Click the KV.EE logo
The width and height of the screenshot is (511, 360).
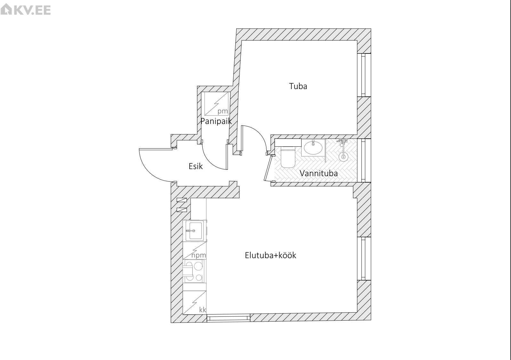click(x=26, y=10)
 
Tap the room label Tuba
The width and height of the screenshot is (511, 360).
click(x=298, y=86)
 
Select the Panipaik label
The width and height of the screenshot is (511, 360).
click(x=216, y=121)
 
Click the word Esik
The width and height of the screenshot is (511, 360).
click(x=196, y=166)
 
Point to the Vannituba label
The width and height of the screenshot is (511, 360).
click(x=319, y=173)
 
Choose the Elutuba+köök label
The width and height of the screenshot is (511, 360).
click(x=270, y=255)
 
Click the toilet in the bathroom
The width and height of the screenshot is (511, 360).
click(x=288, y=158)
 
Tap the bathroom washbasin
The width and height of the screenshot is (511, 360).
click(x=313, y=147)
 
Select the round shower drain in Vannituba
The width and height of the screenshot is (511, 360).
click(x=343, y=156)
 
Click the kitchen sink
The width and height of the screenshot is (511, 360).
click(x=195, y=231)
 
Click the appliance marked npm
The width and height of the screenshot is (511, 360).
click(x=195, y=251)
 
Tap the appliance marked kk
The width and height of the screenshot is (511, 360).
click(x=195, y=303)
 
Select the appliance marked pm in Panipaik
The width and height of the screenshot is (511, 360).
click(x=216, y=104)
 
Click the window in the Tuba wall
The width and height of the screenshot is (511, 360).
click(x=364, y=75)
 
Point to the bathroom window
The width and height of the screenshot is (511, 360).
click(x=364, y=160)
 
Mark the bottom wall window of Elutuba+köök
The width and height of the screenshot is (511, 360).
click(x=228, y=318)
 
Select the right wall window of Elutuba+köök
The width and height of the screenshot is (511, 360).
click(x=364, y=258)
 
